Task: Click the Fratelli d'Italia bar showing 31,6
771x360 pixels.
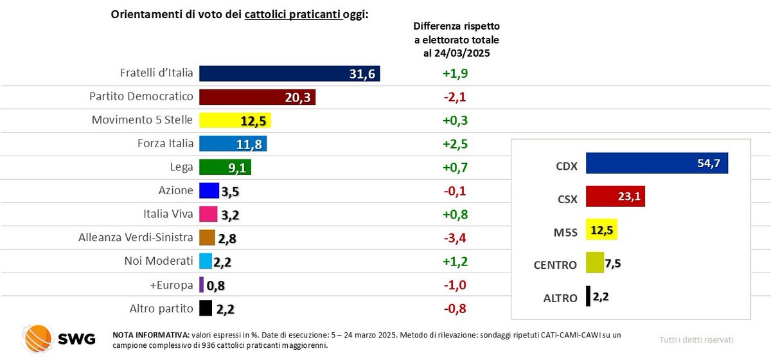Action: (289, 73)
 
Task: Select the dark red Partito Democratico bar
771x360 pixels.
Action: (257, 96)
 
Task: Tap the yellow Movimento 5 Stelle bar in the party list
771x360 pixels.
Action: (235, 120)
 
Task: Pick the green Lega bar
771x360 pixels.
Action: (225, 167)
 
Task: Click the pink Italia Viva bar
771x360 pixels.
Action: (207, 214)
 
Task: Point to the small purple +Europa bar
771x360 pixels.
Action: (202, 285)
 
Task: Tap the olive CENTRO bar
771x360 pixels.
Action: (594, 262)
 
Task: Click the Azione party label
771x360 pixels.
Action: (175, 190)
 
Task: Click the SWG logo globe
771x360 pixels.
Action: (37, 337)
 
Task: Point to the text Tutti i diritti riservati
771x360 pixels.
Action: (696, 339)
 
